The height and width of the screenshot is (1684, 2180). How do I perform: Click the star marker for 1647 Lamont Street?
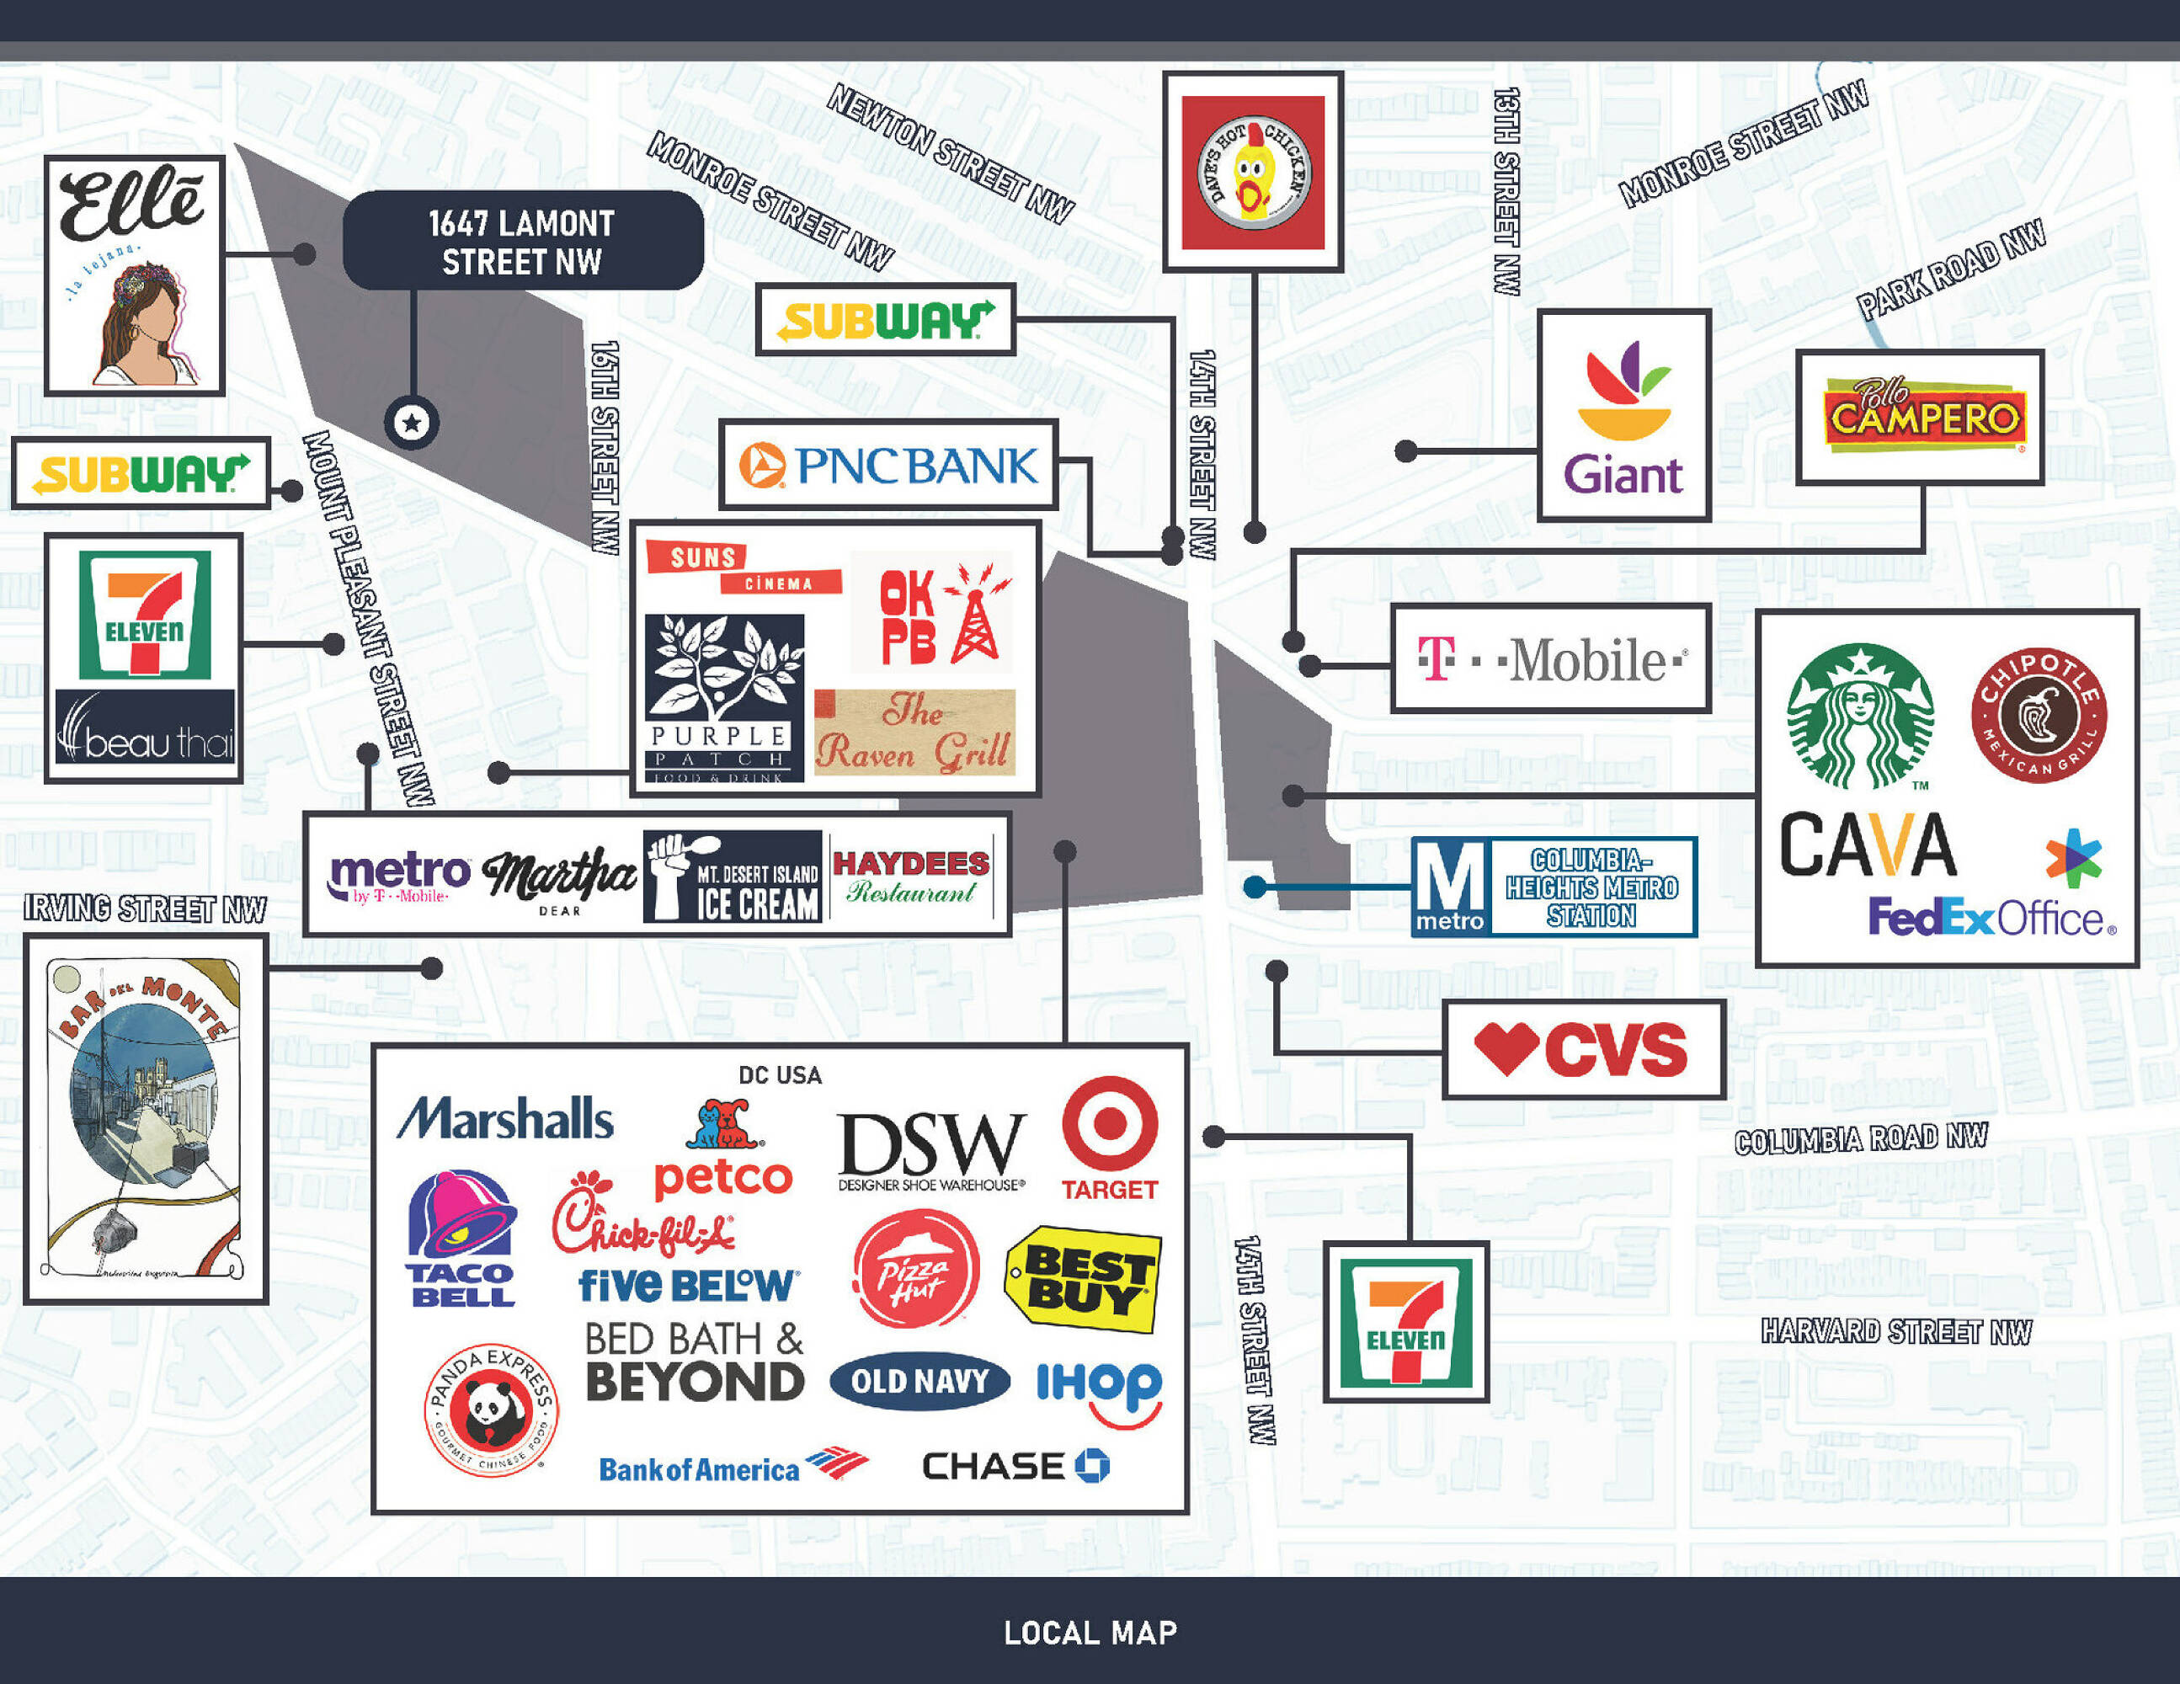pos(411,422)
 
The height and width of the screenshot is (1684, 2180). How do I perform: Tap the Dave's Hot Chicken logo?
pos(1253,172)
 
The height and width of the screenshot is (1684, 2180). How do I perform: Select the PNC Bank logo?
pos(888,465)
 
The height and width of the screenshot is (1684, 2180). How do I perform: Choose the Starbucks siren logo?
pos(1859,715)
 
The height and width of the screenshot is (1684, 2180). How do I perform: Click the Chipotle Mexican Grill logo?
pos(2039,715)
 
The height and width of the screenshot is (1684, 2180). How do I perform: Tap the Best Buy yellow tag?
pos(1083,1279)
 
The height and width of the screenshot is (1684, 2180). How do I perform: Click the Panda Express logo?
pos(491,1409)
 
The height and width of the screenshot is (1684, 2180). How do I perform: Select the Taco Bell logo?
pos(461,1239)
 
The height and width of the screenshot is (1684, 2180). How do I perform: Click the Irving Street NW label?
pos(146,909)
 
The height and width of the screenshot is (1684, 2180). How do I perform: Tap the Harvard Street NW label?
pos(1895,1332)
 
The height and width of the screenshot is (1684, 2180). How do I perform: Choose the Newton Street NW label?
pos(949,152)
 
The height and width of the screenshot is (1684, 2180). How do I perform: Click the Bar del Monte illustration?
pos(146,1119)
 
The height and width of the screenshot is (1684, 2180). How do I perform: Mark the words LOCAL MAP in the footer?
pos(1090,1633)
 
